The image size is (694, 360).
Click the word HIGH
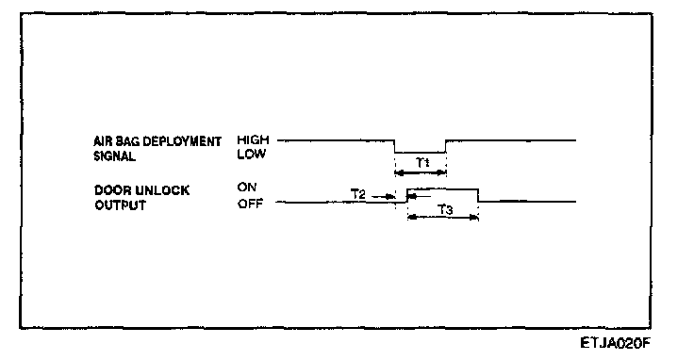253,140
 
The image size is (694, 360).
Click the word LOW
251,155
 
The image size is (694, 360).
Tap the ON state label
246,188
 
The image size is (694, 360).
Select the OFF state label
250,204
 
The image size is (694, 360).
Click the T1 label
422,163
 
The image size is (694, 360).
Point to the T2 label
358,194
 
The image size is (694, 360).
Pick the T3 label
445,209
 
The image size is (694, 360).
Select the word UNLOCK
162,190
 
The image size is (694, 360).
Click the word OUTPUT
120,205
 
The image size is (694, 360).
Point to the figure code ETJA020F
616,343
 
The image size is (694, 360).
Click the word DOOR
113,190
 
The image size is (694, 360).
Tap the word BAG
128,141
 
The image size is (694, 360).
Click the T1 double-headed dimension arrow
421,172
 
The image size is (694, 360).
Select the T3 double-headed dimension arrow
443,217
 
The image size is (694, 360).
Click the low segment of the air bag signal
420,153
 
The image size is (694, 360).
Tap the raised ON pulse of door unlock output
442,189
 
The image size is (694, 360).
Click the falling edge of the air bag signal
394,146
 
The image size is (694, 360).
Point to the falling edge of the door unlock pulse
478,195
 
